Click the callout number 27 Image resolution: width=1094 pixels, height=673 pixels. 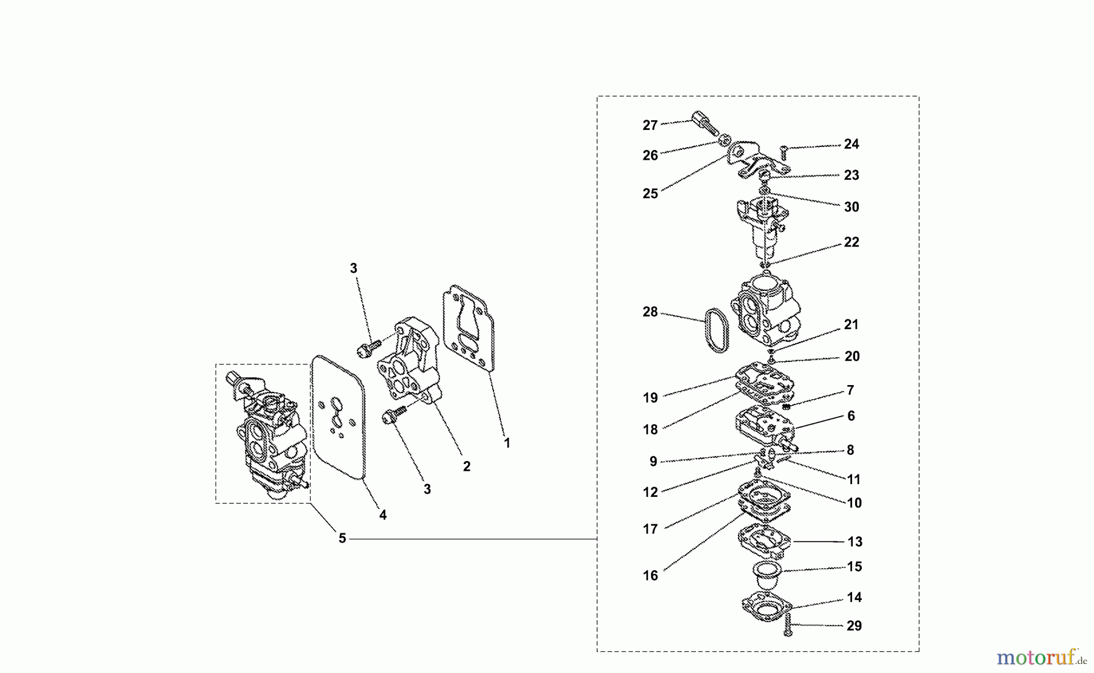pyautogui.click(x=650, y=126)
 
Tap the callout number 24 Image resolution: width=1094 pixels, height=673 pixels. pyautogui.click(x=851, y=145)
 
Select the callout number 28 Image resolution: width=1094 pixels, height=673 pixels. pyautogui.click(x=650, y=312)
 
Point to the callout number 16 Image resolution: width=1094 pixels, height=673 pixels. pyautogui.click(x=650, y=576)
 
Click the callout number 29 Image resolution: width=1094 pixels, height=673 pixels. pyautogui.click(x=854, y=626)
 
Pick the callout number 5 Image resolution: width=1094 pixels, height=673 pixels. pyautogui.click(x=342, y=539)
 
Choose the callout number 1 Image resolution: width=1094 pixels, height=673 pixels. pyautogui.click(x=507, y=443)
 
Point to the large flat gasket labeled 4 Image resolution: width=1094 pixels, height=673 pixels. pyautogui.click(x=337, y=419)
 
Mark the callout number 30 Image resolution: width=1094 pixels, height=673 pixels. pyautogui.click(x=851, y=207)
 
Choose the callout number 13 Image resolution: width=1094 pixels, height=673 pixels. pyautogui.click(x=854, y=542)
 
